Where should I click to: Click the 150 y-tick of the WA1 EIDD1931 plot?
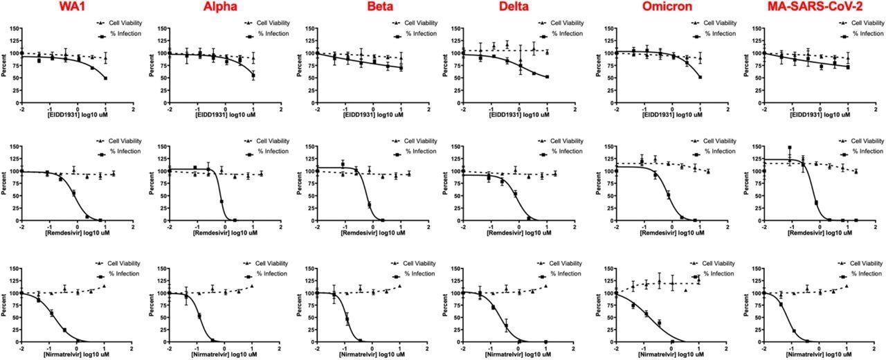(x=12, y=28)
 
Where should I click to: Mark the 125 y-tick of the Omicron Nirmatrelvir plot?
(x=605, y=281)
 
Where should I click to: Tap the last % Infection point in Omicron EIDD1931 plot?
(x=700, y=77)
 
